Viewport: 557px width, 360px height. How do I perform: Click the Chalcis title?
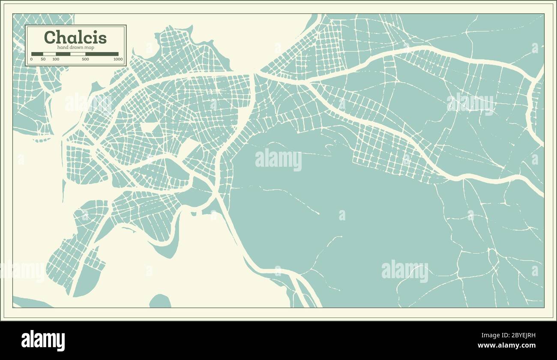[75, 37]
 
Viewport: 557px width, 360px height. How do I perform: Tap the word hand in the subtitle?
[62, 47]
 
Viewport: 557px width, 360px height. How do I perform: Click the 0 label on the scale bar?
[31, 59]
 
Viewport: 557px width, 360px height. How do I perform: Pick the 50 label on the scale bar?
[43, 59]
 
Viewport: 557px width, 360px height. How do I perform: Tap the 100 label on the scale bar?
[56, 59]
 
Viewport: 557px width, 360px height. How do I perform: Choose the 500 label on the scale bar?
[85, 59]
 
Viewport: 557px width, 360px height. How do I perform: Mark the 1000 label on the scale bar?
[118, 59]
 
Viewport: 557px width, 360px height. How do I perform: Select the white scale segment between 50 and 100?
[49, 54]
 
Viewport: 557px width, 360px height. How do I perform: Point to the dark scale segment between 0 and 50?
[37, 54]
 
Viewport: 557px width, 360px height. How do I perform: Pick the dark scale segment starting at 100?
[63, 54]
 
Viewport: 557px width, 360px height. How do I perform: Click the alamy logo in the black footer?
[43, 341]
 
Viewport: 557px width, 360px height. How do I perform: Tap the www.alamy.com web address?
[506, 345]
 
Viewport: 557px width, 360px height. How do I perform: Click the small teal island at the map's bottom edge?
[160, 301]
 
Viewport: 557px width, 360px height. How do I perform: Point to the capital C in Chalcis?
[50, 37]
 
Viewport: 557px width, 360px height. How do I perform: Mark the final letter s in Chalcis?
[103, 39]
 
